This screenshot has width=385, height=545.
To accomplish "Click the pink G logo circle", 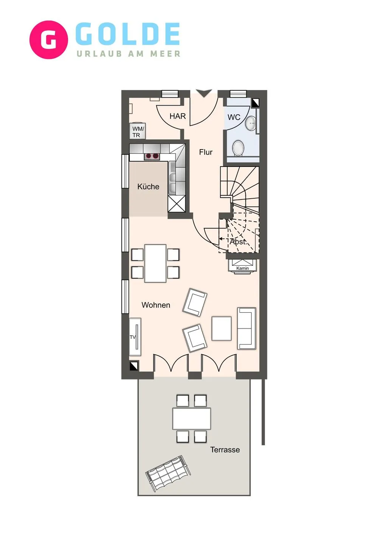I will (48, 40).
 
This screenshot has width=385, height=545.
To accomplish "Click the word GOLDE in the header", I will (128, 34).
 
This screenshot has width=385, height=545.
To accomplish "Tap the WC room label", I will (234, 117).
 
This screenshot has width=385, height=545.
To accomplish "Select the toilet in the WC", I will (238, 148).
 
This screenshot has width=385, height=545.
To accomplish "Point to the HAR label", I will (177, 116).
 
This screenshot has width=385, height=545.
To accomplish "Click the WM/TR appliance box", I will (137, 132).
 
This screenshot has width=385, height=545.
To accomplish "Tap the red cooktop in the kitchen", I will (152, 156).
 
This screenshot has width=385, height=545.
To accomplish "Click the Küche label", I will (148, 187).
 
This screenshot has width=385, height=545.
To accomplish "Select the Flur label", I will (206, 152).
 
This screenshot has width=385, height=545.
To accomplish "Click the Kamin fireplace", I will (242, 265).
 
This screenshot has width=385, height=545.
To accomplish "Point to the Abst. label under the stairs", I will (238, 241).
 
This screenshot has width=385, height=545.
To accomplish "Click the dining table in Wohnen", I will (155, 263).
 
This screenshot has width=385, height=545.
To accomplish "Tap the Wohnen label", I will (156, 305).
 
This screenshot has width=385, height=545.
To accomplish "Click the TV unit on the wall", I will (135, 336).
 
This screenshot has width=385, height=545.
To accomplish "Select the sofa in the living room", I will (247, 328).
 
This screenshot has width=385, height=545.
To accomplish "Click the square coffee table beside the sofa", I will (222, 329).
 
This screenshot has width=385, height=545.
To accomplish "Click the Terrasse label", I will (225, 450).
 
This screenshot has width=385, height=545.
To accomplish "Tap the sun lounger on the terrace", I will (168, 474).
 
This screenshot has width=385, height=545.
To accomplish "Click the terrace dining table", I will (192, 418).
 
